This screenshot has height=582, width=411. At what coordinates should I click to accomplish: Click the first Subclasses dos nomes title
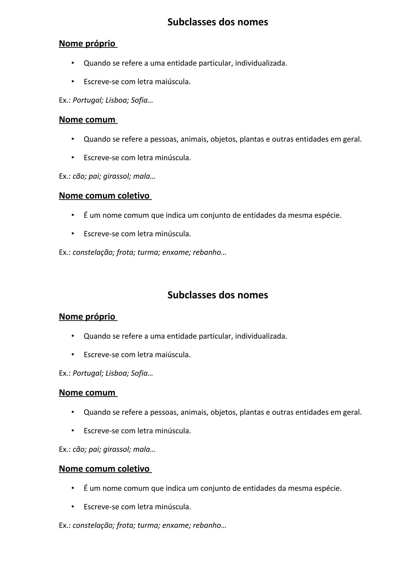pos(218,22)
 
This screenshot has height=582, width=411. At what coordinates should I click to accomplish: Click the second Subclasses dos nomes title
pos(218,295)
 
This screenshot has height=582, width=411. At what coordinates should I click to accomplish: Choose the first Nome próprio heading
pos(87,44)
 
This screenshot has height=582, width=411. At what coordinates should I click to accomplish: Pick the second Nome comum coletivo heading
pos(104,469)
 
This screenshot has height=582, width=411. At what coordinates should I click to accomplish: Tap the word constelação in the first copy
pos(94,252)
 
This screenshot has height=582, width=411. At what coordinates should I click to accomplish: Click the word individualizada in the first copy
pos(261,63)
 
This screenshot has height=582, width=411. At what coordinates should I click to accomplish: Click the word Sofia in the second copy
pos(139,373)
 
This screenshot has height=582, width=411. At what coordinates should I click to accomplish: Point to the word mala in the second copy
pos(141,449)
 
